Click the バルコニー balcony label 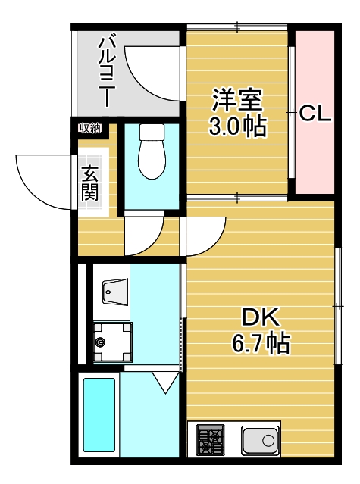(x=106, y=70)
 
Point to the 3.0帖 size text (x=237, y=126)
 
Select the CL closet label (x=315, y=114)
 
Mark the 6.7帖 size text (x=260, y=345)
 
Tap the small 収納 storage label (x=90, y=128)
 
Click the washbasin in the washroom (x=114, y=290)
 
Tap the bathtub (x=99, y=417)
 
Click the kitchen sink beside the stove (x=260, y=440)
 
